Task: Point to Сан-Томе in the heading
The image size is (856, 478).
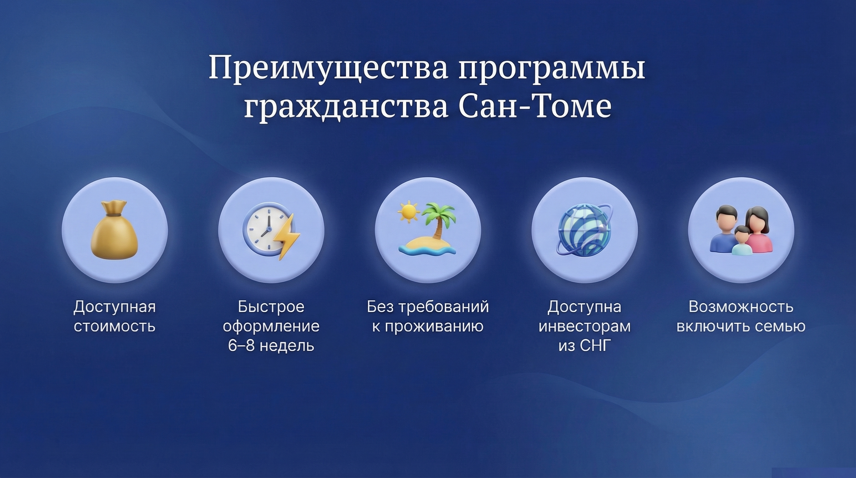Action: click(535, 105)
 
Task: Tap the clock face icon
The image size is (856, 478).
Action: click(265, 229)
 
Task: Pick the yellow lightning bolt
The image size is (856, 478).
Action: click(286, 236)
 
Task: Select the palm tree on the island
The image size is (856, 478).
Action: click(438, 219)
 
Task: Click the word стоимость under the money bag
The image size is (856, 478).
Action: click(115, 326)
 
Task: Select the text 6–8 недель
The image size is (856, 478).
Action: click(271, 346)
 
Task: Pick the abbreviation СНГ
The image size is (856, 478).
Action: click(596, 346)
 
